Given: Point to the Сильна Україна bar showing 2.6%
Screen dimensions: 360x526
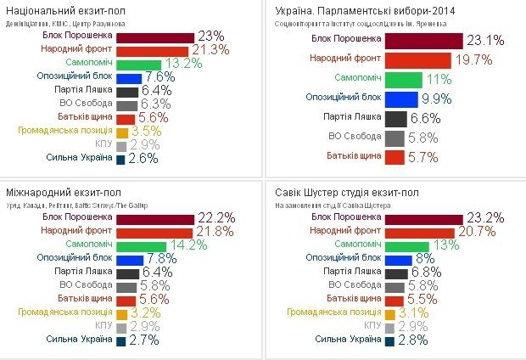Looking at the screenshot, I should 120,160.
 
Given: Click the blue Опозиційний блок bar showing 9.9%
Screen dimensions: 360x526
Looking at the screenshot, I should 400,99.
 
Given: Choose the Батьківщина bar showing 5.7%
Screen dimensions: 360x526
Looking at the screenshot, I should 394,157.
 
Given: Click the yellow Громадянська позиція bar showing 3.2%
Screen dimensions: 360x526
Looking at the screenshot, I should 122,313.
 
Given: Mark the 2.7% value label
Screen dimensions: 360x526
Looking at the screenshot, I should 145,340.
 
